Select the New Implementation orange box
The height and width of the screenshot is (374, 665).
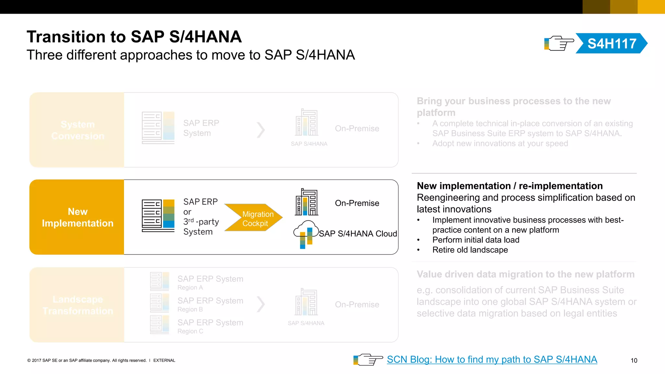point(77,217)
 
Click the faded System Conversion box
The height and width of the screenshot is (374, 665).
point(77,130)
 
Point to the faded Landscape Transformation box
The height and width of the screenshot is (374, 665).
point(77,305)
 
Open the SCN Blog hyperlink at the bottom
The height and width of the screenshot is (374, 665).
point(492,359)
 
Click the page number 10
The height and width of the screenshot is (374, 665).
point(634,360)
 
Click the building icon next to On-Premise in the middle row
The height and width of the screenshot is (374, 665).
point(306,202)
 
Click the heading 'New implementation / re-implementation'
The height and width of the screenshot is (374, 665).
point(509,186)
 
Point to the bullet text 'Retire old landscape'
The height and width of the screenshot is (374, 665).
point(470,250)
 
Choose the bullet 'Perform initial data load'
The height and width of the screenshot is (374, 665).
point(476,240)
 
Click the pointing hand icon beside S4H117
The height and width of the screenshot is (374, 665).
point(559,44)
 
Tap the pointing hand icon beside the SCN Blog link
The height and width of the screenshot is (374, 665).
point(368,359)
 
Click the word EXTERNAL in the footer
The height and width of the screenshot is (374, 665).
point(164,360)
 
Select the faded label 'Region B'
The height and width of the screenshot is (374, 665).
point(190,309)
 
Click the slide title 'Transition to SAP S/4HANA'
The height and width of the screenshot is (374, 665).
point(134,37)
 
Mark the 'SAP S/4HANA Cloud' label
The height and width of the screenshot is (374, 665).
point(358,234)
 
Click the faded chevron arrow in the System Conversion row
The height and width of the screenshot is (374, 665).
point(261,130)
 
